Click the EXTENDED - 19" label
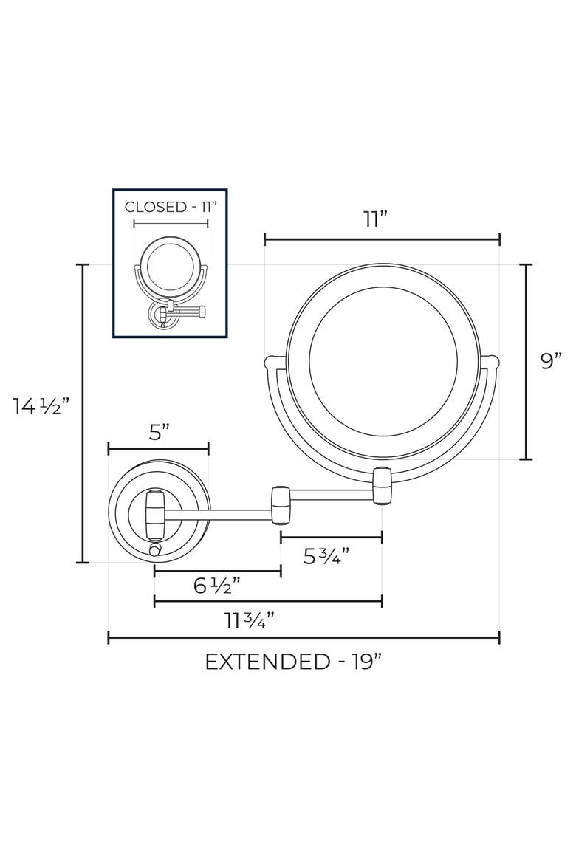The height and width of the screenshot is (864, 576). pyautogui.click(x=293, y=661)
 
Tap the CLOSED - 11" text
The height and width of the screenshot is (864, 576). pyautogui.click(x=171, y=208)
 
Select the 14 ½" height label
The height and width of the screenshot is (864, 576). pyautogui.click(x=42, y=407)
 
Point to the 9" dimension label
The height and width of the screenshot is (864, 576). pyautogui.click(x=551, y=361)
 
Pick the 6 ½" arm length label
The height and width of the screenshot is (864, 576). pyautogui.click(x=217, y=585)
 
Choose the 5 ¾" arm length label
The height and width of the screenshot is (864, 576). pyautogui.click(x=327, y=556)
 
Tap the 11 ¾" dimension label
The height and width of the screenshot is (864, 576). pyautogui.click(x=250, y=621)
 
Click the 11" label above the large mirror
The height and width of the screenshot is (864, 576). pyautogui.click(x=377, y=219)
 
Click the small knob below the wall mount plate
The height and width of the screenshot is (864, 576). pyautogui.click(x=155, y=550)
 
